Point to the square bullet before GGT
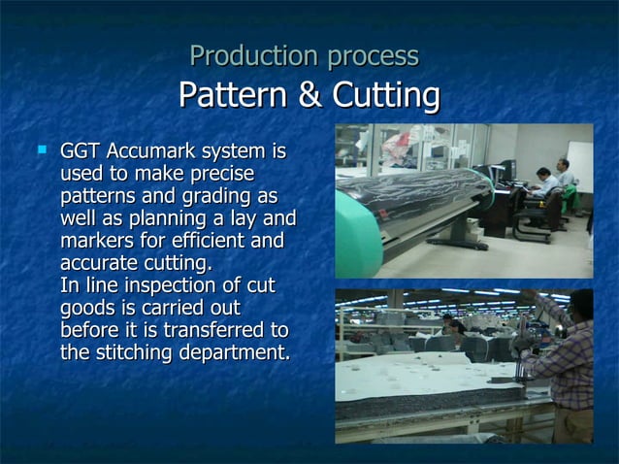[x=42, y=151]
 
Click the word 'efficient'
[x=206, y=241]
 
